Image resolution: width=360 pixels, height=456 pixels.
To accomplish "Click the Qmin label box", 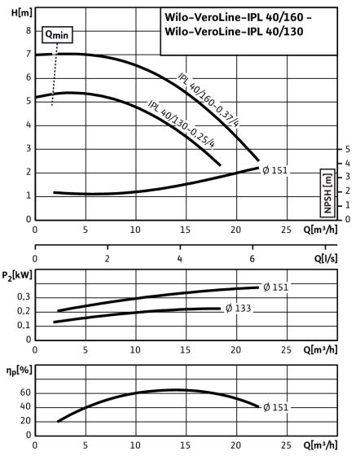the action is click(57, 35).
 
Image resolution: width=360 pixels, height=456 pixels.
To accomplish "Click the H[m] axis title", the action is click(21, 13).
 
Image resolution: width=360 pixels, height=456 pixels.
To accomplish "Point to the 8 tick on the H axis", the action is click(29, 31).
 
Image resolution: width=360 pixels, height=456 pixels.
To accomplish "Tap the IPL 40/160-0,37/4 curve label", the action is click(209, 99).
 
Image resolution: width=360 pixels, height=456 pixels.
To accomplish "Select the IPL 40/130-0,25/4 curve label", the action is click(181, 124).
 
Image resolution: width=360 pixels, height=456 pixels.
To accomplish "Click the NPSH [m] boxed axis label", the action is click(327, 193).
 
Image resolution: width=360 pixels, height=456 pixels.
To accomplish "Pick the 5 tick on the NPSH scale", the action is click(348, 149).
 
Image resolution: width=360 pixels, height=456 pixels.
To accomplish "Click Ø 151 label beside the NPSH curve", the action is click(274, 170).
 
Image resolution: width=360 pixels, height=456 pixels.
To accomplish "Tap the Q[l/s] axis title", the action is click(326, 258).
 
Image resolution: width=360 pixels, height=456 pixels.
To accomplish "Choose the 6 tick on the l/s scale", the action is click(252, 259).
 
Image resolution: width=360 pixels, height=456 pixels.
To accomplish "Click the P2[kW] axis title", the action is click(17, 275).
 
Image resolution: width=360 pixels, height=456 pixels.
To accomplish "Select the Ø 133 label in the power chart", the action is click(238, 309).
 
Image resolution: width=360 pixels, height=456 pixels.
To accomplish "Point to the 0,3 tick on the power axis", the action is click(24, 296).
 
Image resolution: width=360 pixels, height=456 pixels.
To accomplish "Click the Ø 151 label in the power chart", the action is click(275, 287).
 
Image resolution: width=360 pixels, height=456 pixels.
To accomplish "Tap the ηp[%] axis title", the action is click(20, 371).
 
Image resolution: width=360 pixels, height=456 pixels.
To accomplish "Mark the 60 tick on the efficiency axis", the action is click(25, 392).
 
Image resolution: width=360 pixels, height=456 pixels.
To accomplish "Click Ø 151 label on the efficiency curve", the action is click(275, 407).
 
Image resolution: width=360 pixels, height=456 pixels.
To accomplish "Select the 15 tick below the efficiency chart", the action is click(185, 445).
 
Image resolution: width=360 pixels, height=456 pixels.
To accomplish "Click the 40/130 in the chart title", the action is click(284, 32).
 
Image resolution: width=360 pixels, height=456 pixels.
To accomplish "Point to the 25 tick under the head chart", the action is click(286, 230).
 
